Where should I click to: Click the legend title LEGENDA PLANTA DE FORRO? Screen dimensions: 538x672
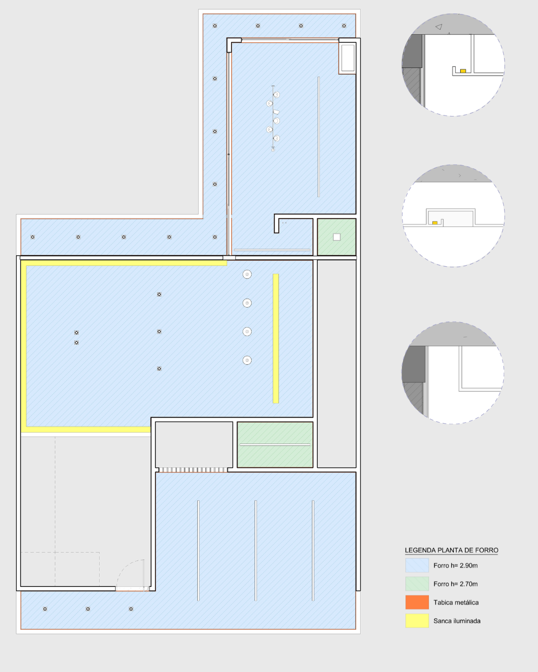(x=451, y=550)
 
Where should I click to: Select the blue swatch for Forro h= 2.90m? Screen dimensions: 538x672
(x=417, y=565)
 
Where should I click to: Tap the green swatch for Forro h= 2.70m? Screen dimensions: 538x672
(x=417, y=583)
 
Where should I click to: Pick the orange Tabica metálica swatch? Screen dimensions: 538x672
(x=417, y=602)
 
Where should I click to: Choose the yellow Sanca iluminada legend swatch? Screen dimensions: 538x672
(x=417, y=620)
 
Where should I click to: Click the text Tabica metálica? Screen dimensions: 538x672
(x=456, y=602)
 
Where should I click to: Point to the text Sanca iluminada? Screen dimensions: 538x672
(x=457, y=621)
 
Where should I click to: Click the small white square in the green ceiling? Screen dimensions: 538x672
(x=337, y=237)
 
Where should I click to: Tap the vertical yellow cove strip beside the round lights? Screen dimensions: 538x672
(x=275, y=338)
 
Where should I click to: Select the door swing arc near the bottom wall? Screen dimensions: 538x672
(x=125, y=565)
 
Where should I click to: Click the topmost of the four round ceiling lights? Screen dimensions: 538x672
(x=247, y=274)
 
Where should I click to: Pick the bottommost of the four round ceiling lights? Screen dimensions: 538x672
(x=247, y=360)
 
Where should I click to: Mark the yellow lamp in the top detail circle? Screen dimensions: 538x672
(x=463, y=71)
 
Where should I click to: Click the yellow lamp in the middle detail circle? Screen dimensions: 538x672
(x=434, y=223)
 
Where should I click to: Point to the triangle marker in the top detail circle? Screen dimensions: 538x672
(x=439, y=27)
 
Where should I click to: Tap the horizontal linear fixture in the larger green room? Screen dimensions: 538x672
(x=275, y=445)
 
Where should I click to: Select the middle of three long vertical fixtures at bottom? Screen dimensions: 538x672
(x=256, y=550)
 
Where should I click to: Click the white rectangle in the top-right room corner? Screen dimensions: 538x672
(x=348, y=58)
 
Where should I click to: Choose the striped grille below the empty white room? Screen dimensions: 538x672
(x=193, y=469)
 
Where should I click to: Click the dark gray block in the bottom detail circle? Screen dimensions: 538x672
(x=414, y=364)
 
